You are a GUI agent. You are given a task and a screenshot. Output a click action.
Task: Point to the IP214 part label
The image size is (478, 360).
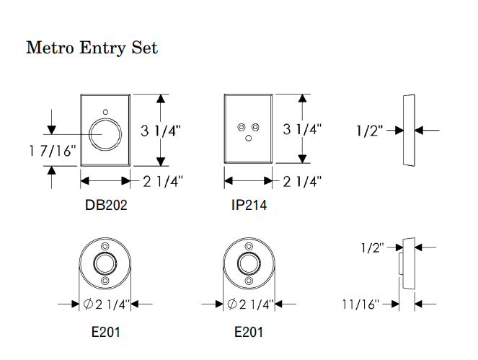click(249, 206)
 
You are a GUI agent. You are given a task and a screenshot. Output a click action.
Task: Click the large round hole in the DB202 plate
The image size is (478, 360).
click(105, 135)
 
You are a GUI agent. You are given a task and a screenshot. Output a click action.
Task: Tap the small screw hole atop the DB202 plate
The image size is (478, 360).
click(105, 113)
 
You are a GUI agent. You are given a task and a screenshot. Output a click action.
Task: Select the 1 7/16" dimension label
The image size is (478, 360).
click(43, 151)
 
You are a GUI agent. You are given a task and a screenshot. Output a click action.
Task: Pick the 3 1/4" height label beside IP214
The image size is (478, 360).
click(302, 130)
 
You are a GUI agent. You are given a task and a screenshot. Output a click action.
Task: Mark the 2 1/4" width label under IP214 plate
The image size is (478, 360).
click(302, 181)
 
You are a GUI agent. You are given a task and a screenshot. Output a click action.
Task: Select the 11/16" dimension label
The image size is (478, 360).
click(361, 304)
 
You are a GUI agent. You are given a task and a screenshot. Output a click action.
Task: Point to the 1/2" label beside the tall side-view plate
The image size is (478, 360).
click(371, 131)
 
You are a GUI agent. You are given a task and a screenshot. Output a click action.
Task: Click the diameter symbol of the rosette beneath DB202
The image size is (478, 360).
click(88, 304)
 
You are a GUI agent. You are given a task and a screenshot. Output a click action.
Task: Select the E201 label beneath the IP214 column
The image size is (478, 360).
click(249, 333)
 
